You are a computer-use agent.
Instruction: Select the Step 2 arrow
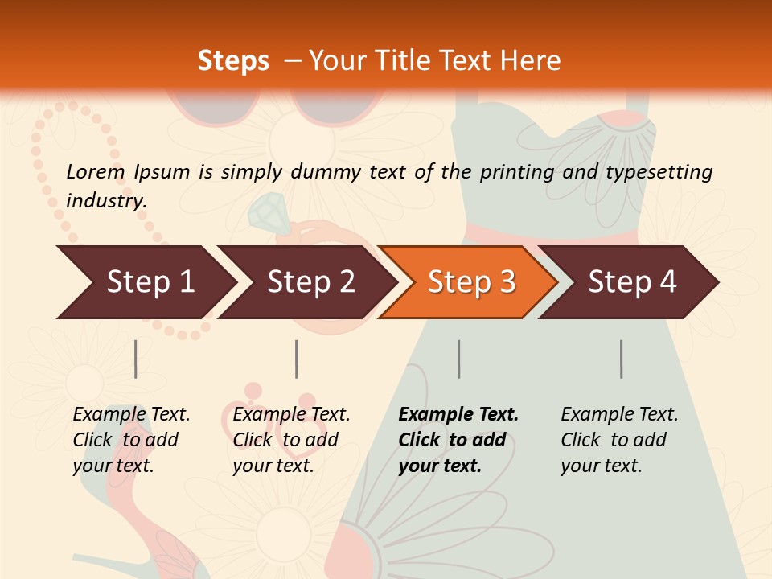[310, 281]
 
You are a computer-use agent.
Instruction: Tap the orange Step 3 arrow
[470, 281]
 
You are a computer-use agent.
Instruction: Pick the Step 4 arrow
[631, 281]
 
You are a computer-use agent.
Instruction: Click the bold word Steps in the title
[233, 60]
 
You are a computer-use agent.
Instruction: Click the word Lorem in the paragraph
[96, 171]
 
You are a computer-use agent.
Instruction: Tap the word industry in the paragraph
[106, 200]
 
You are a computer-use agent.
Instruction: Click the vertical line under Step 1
[135, 359]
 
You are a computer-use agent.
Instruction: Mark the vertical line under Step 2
[296, 359]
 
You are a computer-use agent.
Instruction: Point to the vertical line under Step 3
[458, 359]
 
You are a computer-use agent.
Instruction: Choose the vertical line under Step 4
[621, 359]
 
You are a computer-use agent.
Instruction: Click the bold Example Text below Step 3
[458, 440]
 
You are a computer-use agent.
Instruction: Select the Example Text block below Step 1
[131, 440]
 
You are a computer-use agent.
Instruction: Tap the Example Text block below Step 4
[619, 440]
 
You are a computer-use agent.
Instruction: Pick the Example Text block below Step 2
[291, 440]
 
